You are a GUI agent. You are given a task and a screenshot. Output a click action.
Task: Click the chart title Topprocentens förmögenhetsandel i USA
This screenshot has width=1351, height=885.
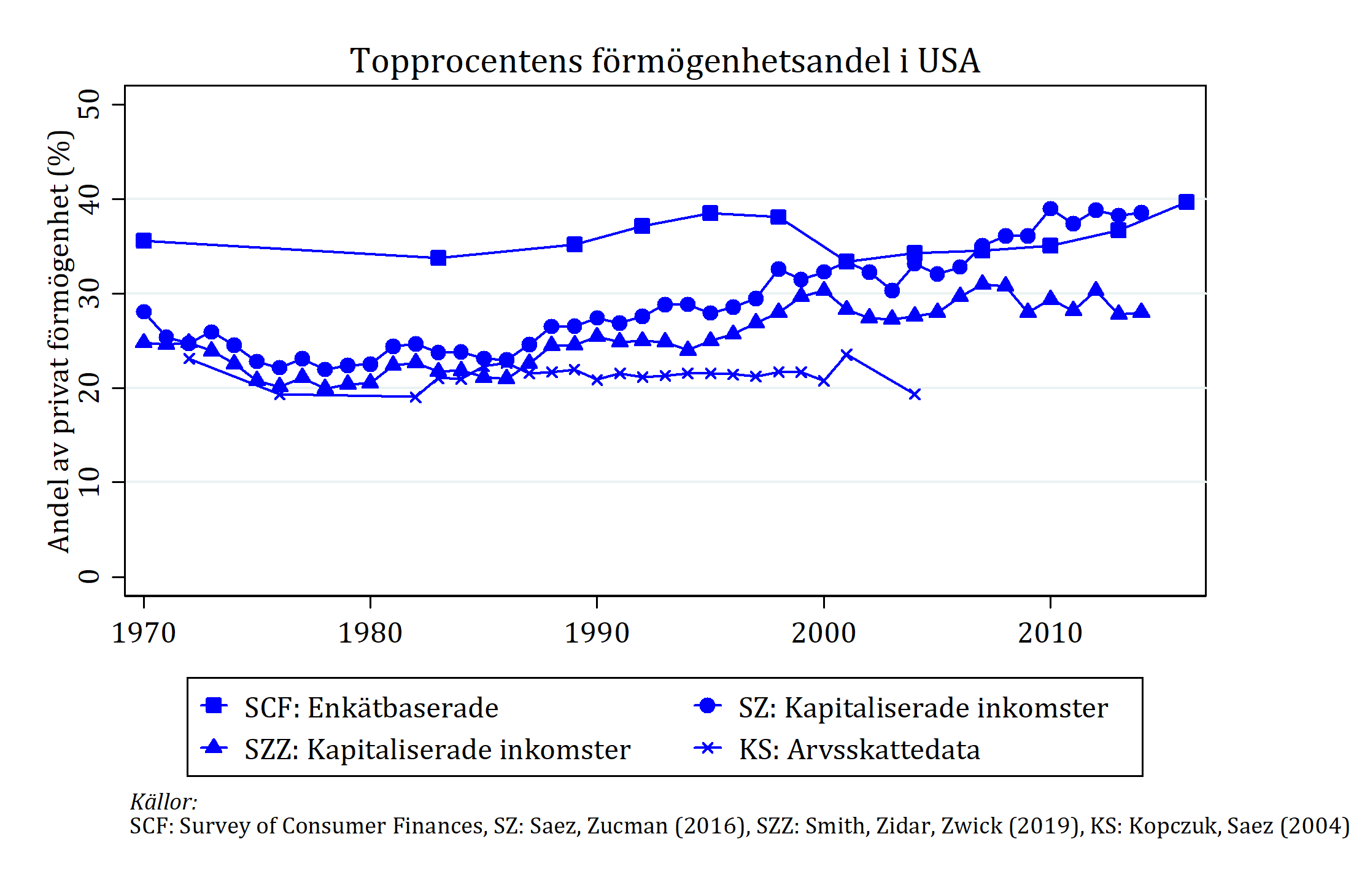coord(665,61)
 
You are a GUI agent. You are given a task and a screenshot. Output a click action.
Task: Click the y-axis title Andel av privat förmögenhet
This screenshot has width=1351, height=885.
coord(60,341)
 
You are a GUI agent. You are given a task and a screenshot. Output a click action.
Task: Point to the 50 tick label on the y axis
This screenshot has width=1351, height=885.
coord(90,104)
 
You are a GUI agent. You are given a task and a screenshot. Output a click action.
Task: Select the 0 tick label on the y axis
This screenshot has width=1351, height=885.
coord(90,576)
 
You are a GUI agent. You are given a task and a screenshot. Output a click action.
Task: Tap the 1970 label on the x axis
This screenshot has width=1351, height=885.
coord(144,633)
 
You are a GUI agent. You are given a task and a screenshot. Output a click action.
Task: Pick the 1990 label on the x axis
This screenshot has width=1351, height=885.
coord(597,633)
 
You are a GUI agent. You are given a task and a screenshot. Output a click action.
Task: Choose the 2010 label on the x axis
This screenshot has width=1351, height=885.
coord(1050,633)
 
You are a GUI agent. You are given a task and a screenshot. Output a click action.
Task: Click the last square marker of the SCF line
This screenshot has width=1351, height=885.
coord(1186,202)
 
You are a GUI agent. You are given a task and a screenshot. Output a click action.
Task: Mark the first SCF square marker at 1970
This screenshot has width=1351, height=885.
coord(144,241)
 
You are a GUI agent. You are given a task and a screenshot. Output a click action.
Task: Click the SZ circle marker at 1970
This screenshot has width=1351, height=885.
coord(144,312)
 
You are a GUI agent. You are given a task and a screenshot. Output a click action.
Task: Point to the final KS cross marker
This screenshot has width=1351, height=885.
coord(915,394)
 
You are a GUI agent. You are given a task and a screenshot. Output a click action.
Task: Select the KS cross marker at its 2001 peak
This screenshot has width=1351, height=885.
coord(847,354)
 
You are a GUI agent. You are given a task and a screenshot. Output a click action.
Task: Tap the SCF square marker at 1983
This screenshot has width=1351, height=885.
coord(438,258)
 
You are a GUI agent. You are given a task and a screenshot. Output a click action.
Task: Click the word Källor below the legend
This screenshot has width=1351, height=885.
coord(163,802)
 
